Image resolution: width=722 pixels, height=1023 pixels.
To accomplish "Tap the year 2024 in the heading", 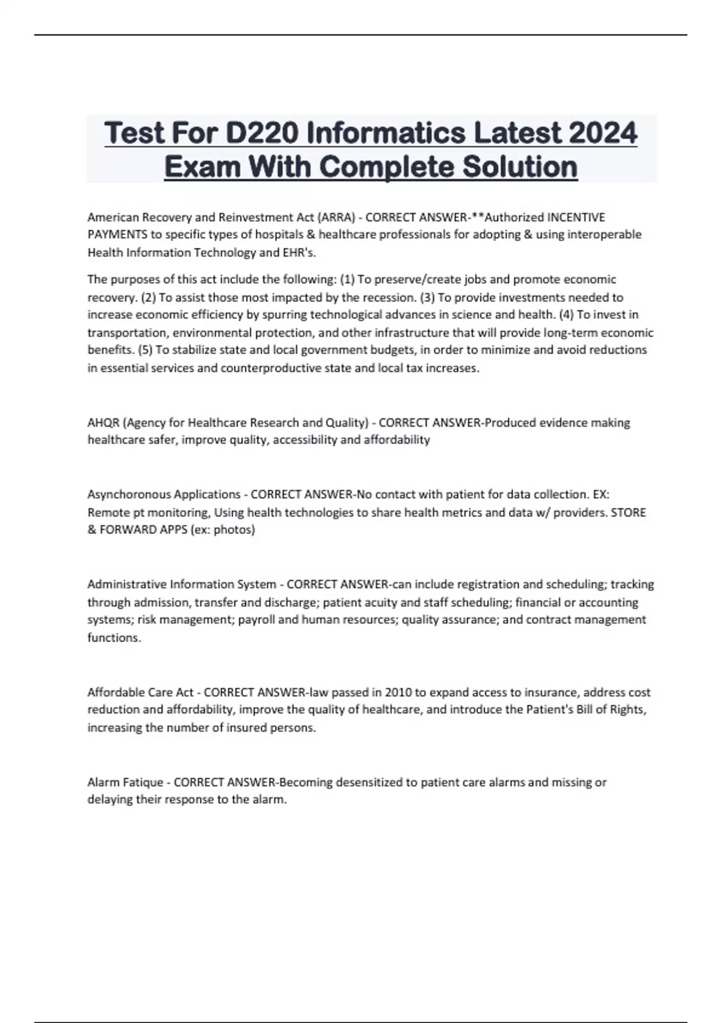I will [x=603, y=133].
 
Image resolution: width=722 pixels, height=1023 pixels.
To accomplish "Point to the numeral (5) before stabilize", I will [x=145, y=350].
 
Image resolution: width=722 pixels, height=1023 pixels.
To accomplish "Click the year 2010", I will [x=398, y=693].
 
